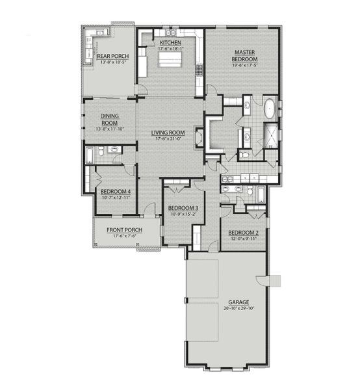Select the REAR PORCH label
pos(112,57)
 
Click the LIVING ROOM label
pos(168,133)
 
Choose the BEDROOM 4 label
pos(116,191)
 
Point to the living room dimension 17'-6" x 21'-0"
pos(168,138)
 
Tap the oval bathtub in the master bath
pos(268,109)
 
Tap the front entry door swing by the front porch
pos(149,209)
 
